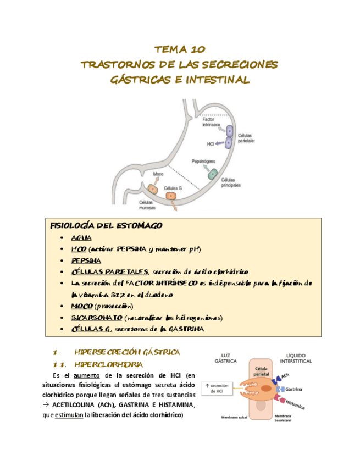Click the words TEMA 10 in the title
(x=179, y=48)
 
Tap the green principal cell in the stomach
(x=212, y=174)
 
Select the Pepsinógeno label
(x=203, y=162)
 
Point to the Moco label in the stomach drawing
(x=158, y=174)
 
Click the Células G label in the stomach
(x=173, y=188)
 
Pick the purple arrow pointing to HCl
(x=221, y=143)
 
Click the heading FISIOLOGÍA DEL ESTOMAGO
(x=106, y=226)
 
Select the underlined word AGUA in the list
(x=81, y=238)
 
